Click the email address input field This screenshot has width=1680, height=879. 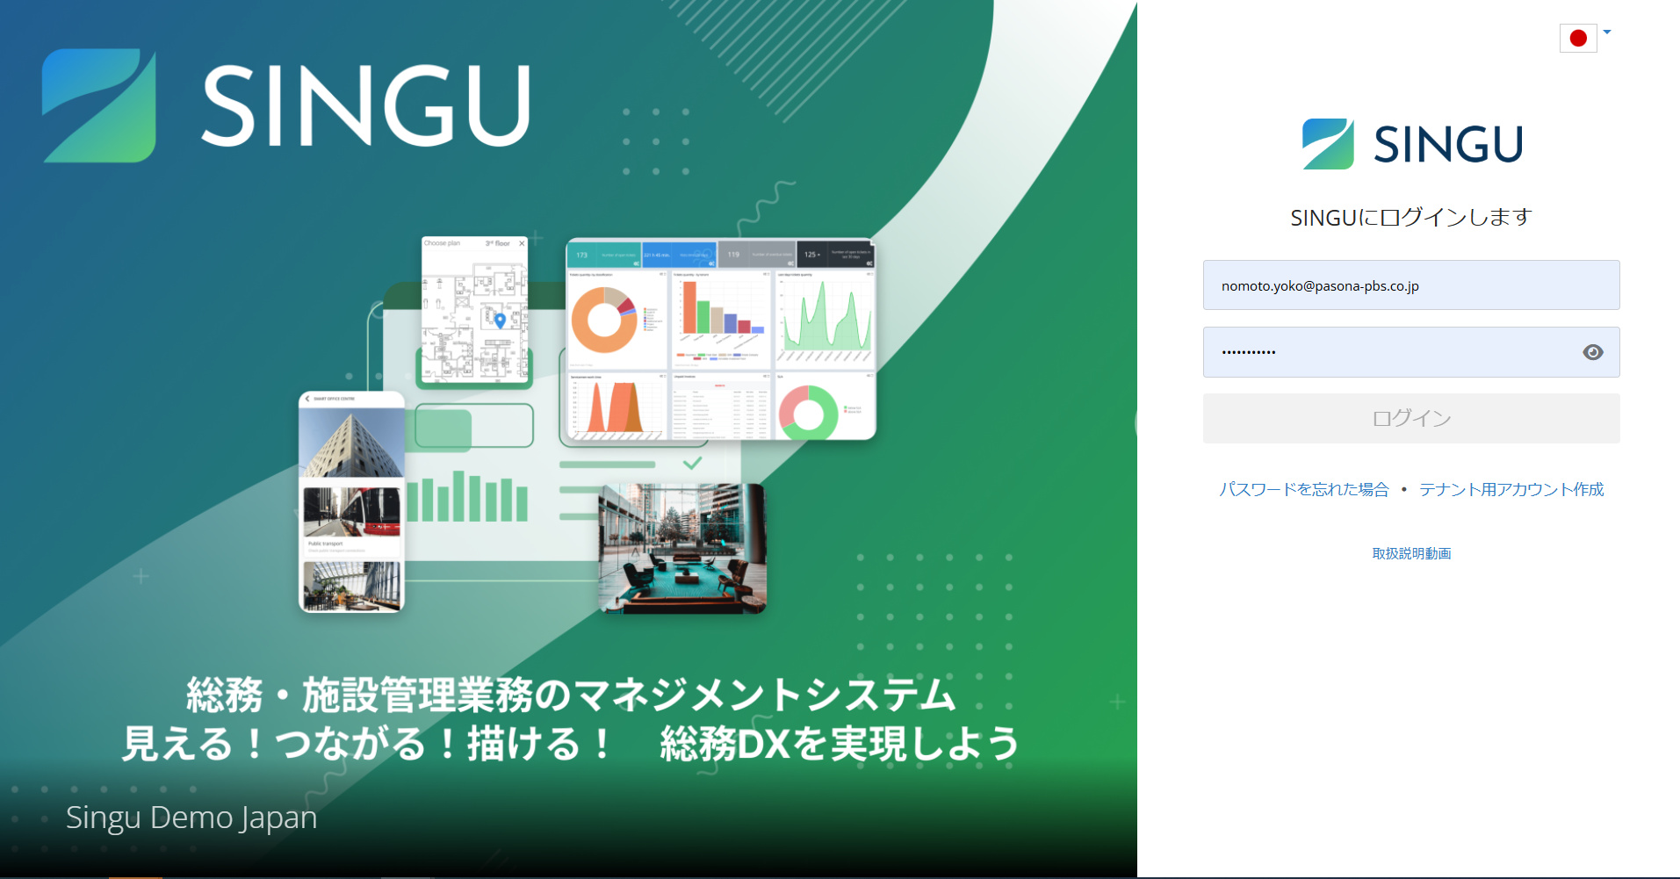(x=1410, y=285)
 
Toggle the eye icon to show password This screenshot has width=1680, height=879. (x=1592, y=352)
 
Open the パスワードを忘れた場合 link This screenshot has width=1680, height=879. (x=1303, y=489)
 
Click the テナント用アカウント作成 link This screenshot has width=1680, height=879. (x=1511, y=489)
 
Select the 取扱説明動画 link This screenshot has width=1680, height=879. (x=1411, y=553)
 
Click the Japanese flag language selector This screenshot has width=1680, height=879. (x=1577, y=38)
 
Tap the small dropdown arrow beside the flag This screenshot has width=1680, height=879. (x=1607, y=32)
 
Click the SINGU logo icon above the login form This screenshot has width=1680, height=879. (x=1327, y=144)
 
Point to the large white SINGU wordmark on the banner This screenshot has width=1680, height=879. (x=365, y=106)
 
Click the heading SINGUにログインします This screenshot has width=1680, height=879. (x=1410, y=218)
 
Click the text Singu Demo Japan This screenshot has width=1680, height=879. (x=191, y=818)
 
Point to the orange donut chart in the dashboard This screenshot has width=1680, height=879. (x=604, y=320)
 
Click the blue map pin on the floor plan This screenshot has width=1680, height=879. (x=500, y=321)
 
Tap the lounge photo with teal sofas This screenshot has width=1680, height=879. (x=681, y=548)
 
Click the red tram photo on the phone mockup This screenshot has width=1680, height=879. (x=351, y=513)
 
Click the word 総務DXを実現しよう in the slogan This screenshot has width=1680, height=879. (x=839, y=744)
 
